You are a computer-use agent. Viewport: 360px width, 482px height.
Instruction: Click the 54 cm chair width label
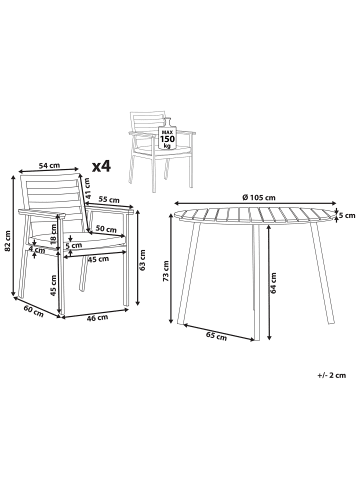49,165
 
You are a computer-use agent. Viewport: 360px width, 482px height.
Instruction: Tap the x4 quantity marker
101,166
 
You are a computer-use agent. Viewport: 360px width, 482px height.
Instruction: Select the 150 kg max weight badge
167,137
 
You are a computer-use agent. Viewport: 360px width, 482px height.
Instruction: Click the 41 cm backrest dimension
87,188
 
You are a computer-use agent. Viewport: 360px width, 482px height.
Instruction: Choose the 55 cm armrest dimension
109,200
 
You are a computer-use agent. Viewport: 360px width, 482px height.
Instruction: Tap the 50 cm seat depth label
106,229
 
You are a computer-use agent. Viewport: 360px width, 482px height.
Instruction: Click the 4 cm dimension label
37,250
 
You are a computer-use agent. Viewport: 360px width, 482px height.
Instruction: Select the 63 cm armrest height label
143,260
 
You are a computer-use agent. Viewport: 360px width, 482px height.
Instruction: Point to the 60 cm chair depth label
33,311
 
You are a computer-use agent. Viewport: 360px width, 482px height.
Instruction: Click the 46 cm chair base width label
97,318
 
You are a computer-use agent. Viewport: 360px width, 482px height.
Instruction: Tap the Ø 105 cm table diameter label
259,197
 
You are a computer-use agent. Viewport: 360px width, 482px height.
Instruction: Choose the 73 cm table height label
166,271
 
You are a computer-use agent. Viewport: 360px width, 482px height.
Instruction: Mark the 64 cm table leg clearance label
274,283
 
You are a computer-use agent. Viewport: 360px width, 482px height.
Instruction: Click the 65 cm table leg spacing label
216,336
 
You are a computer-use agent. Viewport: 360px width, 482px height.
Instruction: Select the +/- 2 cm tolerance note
332,375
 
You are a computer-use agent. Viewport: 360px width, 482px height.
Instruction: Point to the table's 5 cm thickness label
347,216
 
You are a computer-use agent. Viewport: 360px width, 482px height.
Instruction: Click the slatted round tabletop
254,216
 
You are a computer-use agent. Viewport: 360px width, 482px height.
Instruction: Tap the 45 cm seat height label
52,285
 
